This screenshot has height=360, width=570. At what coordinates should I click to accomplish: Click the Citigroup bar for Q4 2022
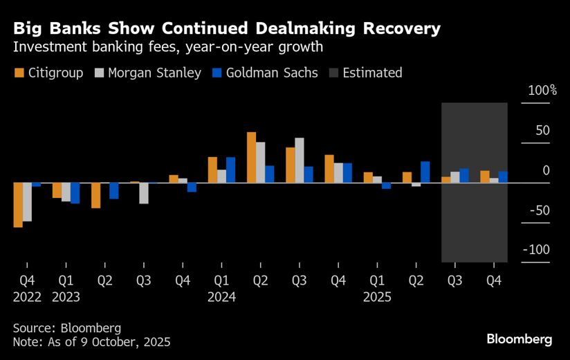(18, 205)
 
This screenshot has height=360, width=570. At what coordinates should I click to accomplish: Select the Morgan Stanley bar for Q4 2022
(27, 202)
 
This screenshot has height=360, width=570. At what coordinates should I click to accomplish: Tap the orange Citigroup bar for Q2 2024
(251, 157)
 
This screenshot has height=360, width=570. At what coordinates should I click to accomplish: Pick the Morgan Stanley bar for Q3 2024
(299, 161)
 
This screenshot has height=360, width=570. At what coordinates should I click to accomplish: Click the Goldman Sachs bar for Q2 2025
(425, 172)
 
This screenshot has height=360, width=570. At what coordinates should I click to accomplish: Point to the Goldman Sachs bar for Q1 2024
(230, 170)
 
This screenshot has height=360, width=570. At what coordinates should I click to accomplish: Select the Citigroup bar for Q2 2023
(95, 195)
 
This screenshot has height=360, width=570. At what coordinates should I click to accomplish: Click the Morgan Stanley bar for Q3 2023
(144, 193)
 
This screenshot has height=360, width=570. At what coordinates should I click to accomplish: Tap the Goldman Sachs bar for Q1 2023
(75, 193)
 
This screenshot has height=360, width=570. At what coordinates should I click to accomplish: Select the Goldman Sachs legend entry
(266, 73)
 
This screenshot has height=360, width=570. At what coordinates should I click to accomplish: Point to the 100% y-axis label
(542, 91)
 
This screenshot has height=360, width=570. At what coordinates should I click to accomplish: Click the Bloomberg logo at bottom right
(520, 339)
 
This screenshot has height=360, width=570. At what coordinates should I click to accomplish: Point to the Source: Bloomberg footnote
(66, 327)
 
